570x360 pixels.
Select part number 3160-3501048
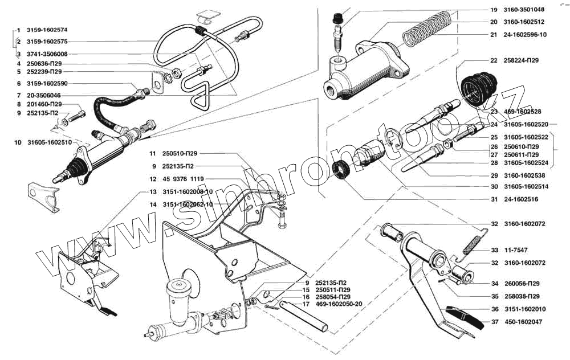[x=524, y=10]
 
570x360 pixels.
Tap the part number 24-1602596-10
[x=525, y=34]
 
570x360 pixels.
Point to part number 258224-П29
[x=522, y=60]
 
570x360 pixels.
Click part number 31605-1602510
[x=49, y=142]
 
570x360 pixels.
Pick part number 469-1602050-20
[x=339, y=304]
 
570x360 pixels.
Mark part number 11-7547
[x=515, y=250]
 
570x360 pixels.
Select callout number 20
[x=494, y=22]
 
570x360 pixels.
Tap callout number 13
[x=153, y=191]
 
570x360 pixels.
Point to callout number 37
[x=494, y=321]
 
